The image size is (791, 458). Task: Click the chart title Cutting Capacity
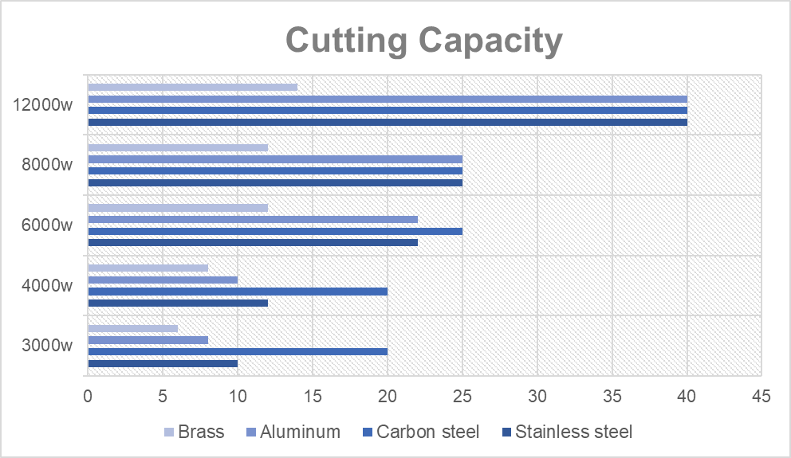(423, 40)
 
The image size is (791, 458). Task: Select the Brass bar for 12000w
(192, 87)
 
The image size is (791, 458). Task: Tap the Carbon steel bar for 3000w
(238, 351)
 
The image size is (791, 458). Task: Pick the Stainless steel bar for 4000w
(178, 303)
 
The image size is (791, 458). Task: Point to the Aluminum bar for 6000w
(253, 219)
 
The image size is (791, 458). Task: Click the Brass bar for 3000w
(132, 328)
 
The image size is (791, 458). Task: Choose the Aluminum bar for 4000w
(163, 280)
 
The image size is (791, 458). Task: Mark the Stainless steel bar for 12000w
(388, 122)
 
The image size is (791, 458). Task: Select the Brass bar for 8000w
(178, 147)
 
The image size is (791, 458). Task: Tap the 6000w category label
(48, 225)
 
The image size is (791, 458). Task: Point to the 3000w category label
(48, 346)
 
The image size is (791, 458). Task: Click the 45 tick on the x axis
(761, 395)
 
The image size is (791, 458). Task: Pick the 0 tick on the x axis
(88, 395)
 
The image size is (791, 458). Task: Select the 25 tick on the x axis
(462, 395)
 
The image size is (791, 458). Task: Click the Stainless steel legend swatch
(506, 433)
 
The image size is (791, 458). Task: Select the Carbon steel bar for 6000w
(275, 231)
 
